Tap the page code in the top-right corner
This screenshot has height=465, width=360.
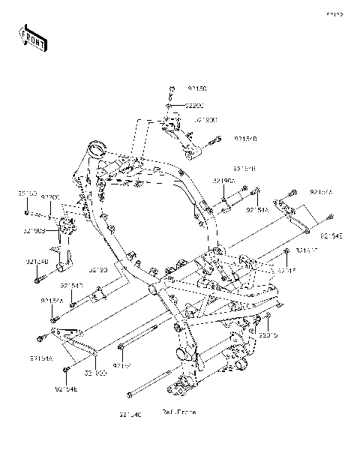(x=334, y=14)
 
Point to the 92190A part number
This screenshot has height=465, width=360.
(x=223, y=181)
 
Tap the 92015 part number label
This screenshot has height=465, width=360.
(x=268, y=335)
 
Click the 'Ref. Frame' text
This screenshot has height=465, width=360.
(x=178, y=412)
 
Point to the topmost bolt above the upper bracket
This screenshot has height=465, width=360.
(x=172, y=90)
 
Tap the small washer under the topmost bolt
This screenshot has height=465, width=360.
(x=172, y=106)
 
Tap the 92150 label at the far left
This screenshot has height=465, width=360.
(x=28, y=193)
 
